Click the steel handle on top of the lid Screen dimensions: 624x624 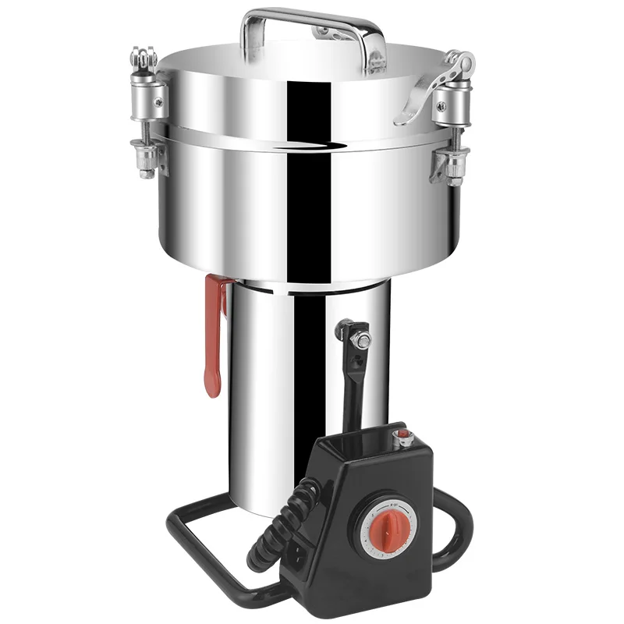312,17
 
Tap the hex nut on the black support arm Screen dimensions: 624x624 363,340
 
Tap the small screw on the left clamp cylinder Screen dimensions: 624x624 158,97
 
